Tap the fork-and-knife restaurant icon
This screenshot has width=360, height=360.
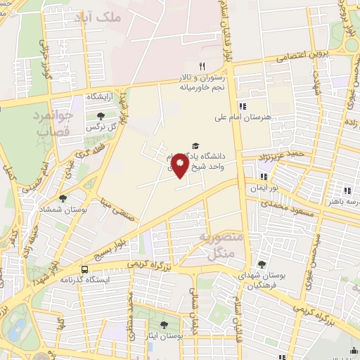[x=202, y=66]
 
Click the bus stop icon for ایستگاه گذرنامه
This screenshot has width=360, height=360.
[x=85, y=269]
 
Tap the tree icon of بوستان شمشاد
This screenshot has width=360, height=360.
[x=63, y=199]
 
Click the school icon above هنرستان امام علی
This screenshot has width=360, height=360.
[x=243, y=105]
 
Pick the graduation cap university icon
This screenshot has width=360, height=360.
[x=195, y=145]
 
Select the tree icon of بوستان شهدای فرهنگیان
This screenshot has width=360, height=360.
[x=262, y=264]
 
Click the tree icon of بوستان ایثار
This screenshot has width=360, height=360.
[x=165, y=325]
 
